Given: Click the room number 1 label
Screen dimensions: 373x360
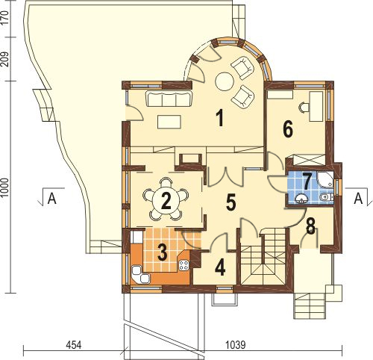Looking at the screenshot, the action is click(x=219, y=118).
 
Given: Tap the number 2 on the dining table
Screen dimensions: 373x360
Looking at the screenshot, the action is click(x=166, y=201).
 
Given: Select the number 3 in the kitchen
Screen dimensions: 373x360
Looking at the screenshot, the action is click(x=163, y=253).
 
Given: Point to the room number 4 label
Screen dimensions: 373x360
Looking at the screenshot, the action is click(x=220, y=268).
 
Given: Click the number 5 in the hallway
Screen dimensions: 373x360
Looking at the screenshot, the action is click(x=231, y=203).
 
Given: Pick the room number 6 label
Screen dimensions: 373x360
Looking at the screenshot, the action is click(x=288, y=130).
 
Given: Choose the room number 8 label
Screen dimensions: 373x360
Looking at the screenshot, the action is click(x=310, y=226).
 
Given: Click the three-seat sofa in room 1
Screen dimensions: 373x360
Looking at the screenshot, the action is click(x=169, y=99).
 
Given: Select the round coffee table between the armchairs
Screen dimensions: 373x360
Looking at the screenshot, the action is click(x=224, y=81).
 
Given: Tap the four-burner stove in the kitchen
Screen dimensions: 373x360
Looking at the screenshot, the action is click(x=184, y=265).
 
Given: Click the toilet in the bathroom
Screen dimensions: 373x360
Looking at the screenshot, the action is click(x=327, y=197).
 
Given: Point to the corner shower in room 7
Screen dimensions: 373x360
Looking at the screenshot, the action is click(x=325, y=179).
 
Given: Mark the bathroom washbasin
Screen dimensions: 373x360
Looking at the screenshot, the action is click(x=301, y=198).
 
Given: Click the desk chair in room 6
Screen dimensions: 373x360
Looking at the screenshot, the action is click(x=304, y=108).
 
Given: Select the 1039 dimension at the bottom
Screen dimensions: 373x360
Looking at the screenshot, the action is click(x=235, y=345).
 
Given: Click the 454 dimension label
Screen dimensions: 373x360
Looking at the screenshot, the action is click(x=74, y=345).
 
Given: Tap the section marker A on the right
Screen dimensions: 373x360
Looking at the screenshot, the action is click(x=358, y=199).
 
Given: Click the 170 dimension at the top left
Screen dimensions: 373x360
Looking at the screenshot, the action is click(x=5, y=16).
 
